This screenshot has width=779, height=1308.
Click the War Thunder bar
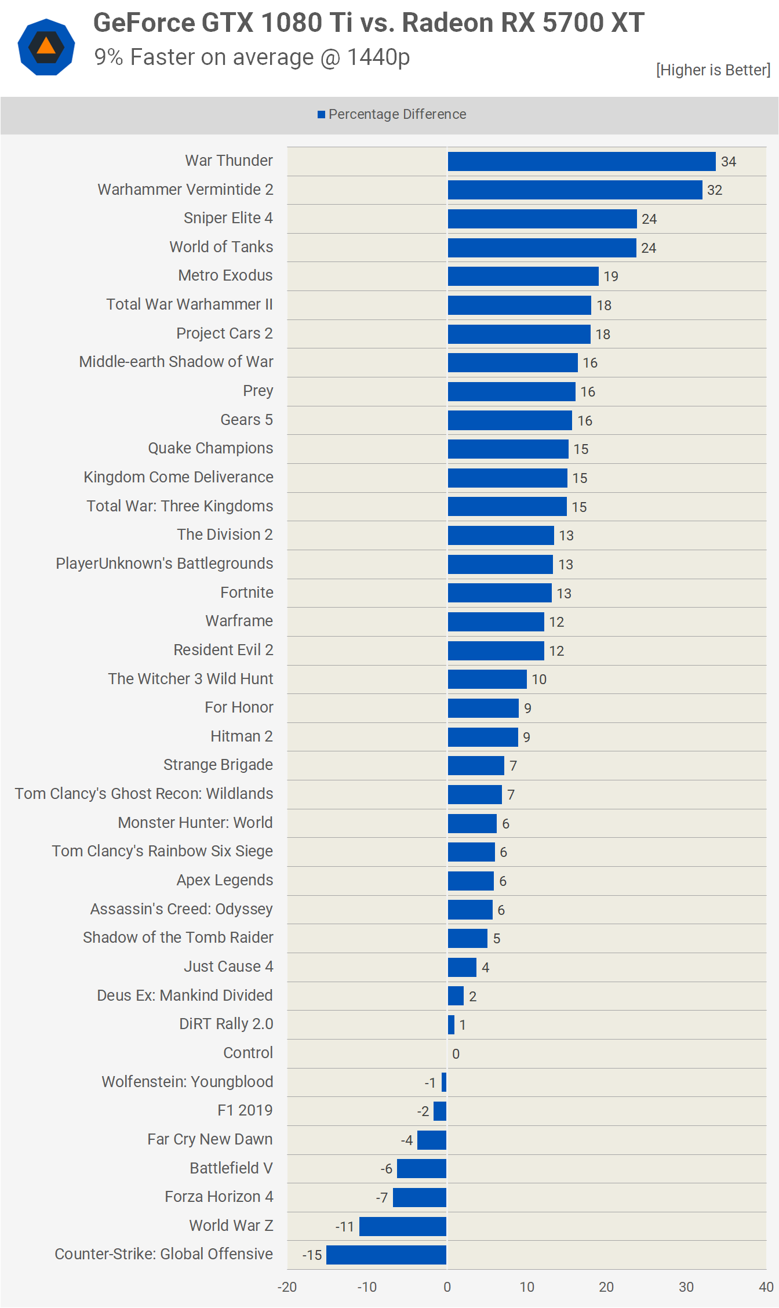[x=581, y=161]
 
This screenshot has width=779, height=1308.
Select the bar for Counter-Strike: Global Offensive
[x=386, y=1255]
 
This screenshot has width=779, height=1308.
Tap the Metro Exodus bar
[x=523, y=276]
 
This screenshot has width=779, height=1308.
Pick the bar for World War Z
[x=403, y=1226]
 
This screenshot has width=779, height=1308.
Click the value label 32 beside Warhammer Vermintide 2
[x=715, y=190]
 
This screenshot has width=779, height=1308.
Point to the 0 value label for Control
[x=456, y=1054]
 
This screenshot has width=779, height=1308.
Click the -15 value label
[x=312, y=1255]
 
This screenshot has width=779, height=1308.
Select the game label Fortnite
[x=246, y=593]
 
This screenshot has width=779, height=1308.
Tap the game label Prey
[x=258, y=391]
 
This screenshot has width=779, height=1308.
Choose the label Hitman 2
[x=241, y=736]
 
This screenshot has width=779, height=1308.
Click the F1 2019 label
[x=245, y=1110]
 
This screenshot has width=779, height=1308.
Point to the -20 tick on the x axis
[x=287, y=1287]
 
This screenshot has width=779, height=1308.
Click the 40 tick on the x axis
[x=766, y=1287]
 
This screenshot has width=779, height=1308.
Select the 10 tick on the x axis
[x=527, y=1287]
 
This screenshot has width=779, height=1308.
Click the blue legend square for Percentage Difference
[x=321, y=114]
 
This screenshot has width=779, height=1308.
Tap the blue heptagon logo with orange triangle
[x=46, y=47]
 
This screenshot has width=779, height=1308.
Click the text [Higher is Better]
[x=713, y=70]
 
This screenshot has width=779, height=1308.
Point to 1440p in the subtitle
[x=378, y=57]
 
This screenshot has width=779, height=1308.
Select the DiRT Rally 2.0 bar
[x=451, y=1024]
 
